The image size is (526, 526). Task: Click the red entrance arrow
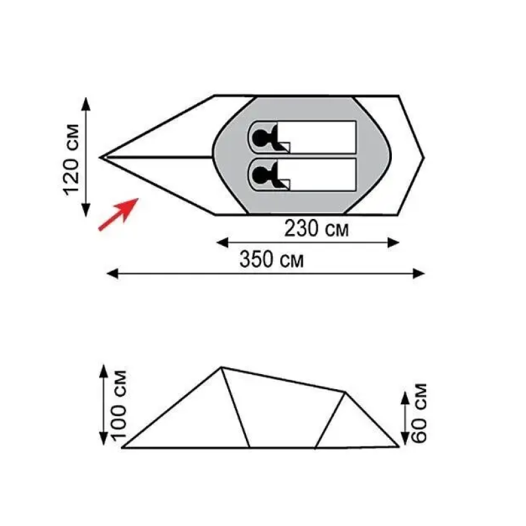[x=118, y=214]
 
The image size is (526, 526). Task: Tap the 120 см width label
[x=71, y=160]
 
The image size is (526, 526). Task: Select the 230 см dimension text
[x=316, y=228]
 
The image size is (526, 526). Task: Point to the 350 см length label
[x=272, y=259]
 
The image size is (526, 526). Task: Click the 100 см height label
[x=118, y=405]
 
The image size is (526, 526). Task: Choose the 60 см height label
[x=419, y=413]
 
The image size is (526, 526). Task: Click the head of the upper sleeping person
[x=260, y=137]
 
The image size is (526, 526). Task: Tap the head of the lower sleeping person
[x=260, y=175]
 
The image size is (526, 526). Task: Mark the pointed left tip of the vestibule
[x=101, y=157]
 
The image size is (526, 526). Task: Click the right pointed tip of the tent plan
[x=423, y=158]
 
